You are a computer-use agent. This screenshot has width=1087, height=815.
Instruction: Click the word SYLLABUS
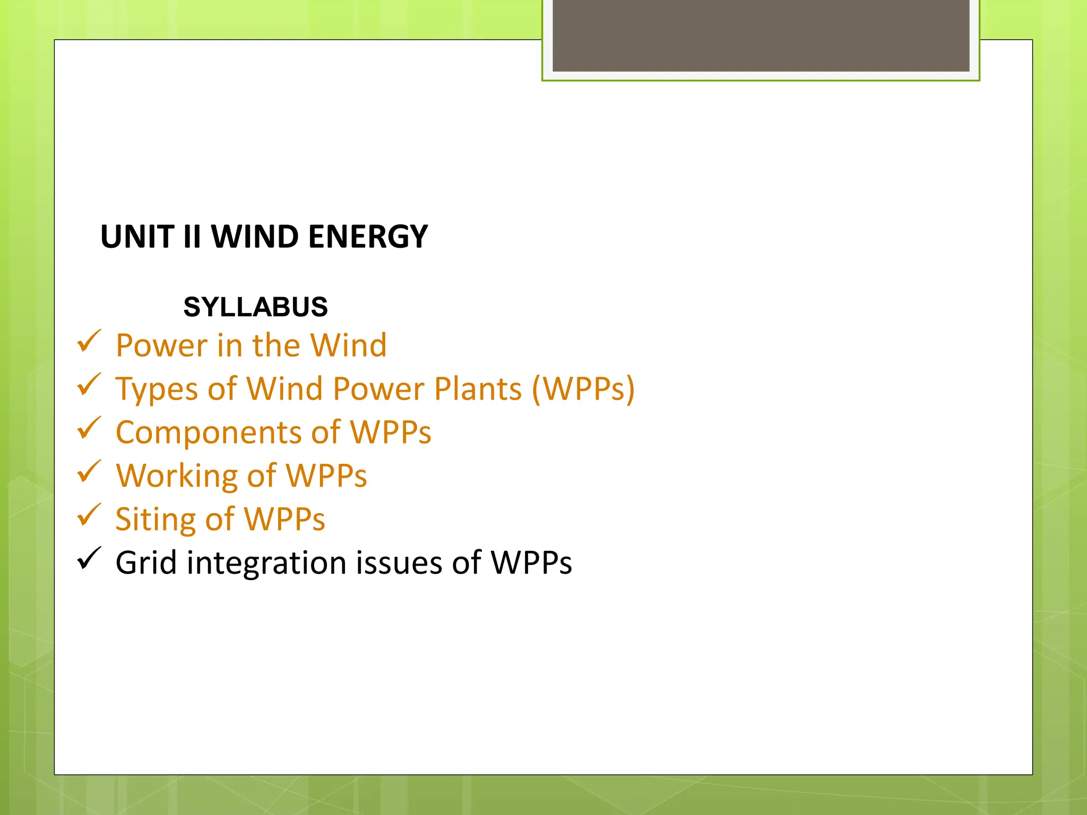[x=255, y=307]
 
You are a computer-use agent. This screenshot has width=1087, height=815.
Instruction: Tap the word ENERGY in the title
[x=368, y=237]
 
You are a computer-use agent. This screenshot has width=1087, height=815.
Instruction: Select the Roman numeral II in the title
[x=192, y=237]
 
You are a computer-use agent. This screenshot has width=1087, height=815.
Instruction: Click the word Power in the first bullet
[x=161, y=346]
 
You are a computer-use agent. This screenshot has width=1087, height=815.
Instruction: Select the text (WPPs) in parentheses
[x=583, y=389]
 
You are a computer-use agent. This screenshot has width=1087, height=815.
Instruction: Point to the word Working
[x=176, y=476]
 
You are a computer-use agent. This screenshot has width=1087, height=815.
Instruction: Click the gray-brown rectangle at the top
[x=761, y=35]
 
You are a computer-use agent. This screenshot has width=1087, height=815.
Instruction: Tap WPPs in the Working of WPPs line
[x=326, y=476]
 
